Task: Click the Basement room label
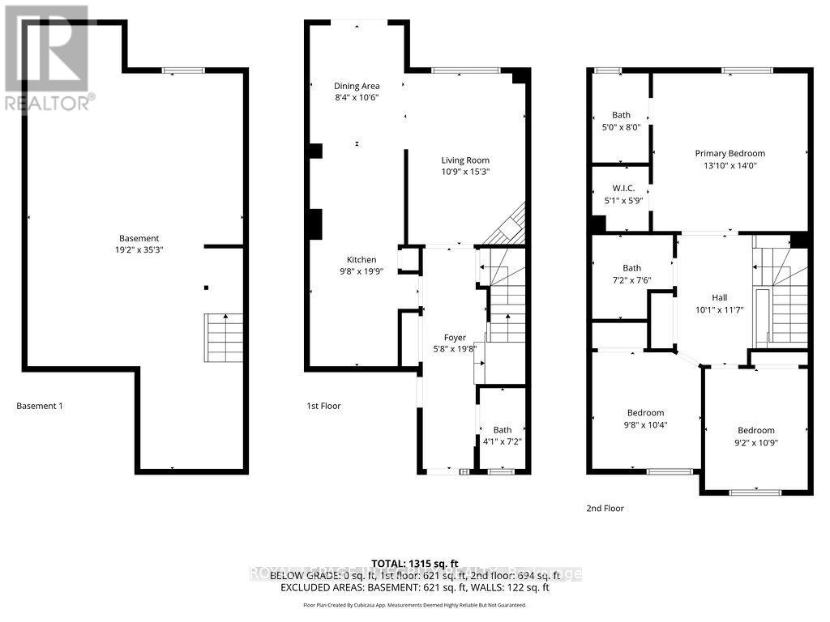139,238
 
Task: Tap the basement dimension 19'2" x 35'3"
139,250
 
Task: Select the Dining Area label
357,86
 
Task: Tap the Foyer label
455,338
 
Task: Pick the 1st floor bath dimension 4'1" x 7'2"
502,442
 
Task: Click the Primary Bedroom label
729,153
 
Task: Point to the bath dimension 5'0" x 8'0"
621,127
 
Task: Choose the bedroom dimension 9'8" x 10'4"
645,424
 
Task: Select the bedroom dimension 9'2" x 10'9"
755,442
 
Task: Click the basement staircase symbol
221,339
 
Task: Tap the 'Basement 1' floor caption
40,406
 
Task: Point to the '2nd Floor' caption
605,509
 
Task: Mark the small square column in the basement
206,287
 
